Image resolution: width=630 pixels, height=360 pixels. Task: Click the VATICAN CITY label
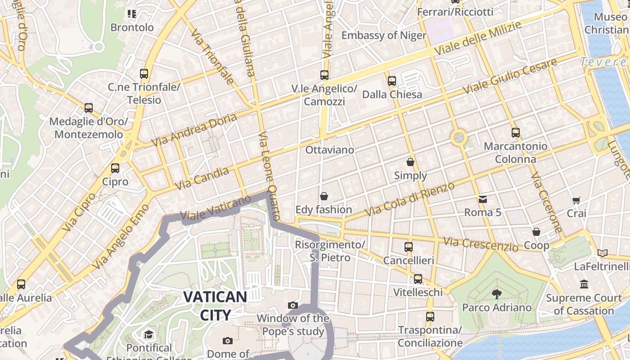pyautogui.click(x=215, y=306)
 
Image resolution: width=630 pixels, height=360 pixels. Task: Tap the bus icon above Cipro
pyautogui.click(x=115, y=168)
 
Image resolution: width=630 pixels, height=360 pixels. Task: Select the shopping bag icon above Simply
pyautogui.click(x=410, y=162)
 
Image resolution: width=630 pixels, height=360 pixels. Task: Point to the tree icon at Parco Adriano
pyautogui.click(x=497, y=294)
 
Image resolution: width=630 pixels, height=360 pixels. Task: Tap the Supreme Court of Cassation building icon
pyautogui.click(x=584, y=284)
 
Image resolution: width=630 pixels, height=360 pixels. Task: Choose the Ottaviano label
pyautogui.click(x=329, y=150)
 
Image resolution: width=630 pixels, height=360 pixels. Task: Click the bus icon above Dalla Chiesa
pyautogui.click(x=392, y=81)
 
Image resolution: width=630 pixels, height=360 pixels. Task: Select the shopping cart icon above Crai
pyautogui.click(x=576, y=200)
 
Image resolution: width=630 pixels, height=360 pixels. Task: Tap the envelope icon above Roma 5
pyautogui.click(x=482, y=199)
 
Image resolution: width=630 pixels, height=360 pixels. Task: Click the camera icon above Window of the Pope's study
pyautogui.click(x=293, y=306)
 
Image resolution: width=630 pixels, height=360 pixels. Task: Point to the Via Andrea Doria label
pyautogui.click(x=194, y=130)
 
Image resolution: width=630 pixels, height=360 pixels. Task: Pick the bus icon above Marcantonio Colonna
pyautogui.click(x=516, y=133)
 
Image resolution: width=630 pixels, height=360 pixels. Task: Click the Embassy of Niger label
pyautogui.click(x=384, y=35)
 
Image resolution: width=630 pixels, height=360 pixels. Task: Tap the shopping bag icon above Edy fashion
pyautogui.click(x=324, y=196)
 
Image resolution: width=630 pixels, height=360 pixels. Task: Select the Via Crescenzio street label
pyautogui.click(x=481, y=244)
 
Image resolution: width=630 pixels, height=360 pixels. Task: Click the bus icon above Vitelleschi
pyautogui.click(x=418, y=279)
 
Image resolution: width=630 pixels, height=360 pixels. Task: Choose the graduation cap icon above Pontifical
pyautogui.click(x=148, y=335)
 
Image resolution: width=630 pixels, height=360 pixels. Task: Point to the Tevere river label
pyautogui.click(x=603, y=62)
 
